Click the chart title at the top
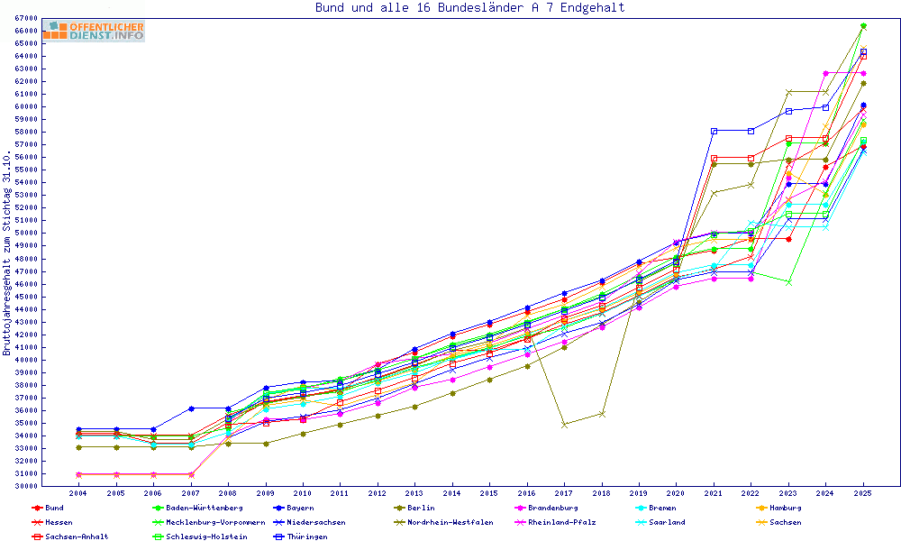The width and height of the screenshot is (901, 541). (469, 8)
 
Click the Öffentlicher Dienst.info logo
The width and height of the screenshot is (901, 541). (94, 31)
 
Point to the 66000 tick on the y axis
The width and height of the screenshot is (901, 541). (25, 31)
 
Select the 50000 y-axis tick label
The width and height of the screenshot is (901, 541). (25, 233)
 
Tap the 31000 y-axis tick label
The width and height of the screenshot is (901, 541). (25, 473)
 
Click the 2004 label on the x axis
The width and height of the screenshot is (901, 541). (78, 493)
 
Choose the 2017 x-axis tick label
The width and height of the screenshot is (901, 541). (563, 493)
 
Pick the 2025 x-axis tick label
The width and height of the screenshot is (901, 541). (862, 493)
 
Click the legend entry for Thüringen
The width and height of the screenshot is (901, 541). (307, 536)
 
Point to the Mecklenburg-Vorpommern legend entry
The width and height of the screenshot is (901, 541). (214, 522)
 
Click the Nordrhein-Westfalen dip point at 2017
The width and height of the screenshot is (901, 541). (564, 424)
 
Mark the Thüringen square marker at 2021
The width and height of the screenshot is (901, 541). (714, 131)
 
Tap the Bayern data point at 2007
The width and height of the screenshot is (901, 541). (191, 408)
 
